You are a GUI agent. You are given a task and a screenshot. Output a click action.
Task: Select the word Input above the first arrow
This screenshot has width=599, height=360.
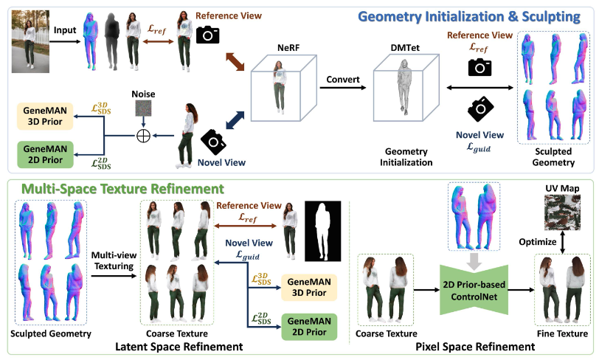66,32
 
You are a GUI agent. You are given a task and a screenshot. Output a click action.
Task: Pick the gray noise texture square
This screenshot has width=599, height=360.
142,111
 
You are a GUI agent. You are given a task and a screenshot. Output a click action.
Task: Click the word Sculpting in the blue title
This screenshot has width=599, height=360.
543,15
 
